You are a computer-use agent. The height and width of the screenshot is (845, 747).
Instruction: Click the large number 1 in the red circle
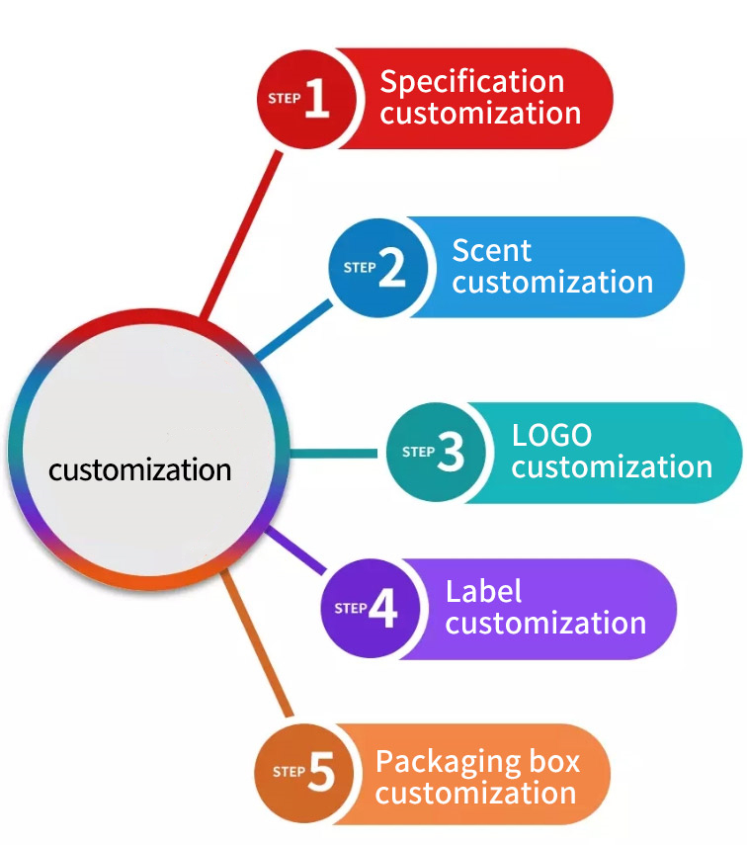pyautogui.click(x=316, y=99)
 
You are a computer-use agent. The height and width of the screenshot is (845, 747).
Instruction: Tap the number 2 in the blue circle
pyautogui.click(x=391, y=267)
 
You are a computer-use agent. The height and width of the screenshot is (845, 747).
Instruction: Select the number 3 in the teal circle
pyautogui.click(x=450, y=452)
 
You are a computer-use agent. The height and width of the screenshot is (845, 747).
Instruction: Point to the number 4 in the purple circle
pyautogui.click(x=383, y=609)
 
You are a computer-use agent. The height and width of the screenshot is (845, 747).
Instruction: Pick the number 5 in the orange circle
pyautogui.click(x=321, y=772)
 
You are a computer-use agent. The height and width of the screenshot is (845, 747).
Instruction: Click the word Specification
pyautogui.click(x=472, y=81)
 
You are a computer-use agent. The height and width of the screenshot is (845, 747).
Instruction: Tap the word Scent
pyautogui.click(x=492, y=250)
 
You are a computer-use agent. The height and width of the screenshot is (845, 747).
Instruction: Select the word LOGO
pyautogui.click(x=551, y=435)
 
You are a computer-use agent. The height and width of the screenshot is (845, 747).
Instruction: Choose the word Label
pyautogui.click(x=484, y=591)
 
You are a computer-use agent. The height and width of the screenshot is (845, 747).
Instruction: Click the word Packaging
pyautogui.click(x=450, y=762)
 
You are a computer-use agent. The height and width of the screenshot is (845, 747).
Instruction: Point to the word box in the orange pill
pyautogui.click(x=554, y=761)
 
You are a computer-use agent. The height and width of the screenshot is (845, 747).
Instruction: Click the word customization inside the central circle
pyautogui.click(x=140, y=468)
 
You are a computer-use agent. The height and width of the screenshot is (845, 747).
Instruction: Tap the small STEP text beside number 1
pyautogui.click(x=285, y=99)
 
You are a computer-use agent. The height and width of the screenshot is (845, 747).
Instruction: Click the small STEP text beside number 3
pyautogui.click(x=418, y=453)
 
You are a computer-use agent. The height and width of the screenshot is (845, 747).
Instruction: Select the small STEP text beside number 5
pyautogui.click(x=289, y=772)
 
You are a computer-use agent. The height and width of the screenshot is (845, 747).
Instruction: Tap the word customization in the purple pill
pyautogui.click(x=545, y=624)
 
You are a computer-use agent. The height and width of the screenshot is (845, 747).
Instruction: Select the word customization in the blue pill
pyautogui.click(x=553, y=282)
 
